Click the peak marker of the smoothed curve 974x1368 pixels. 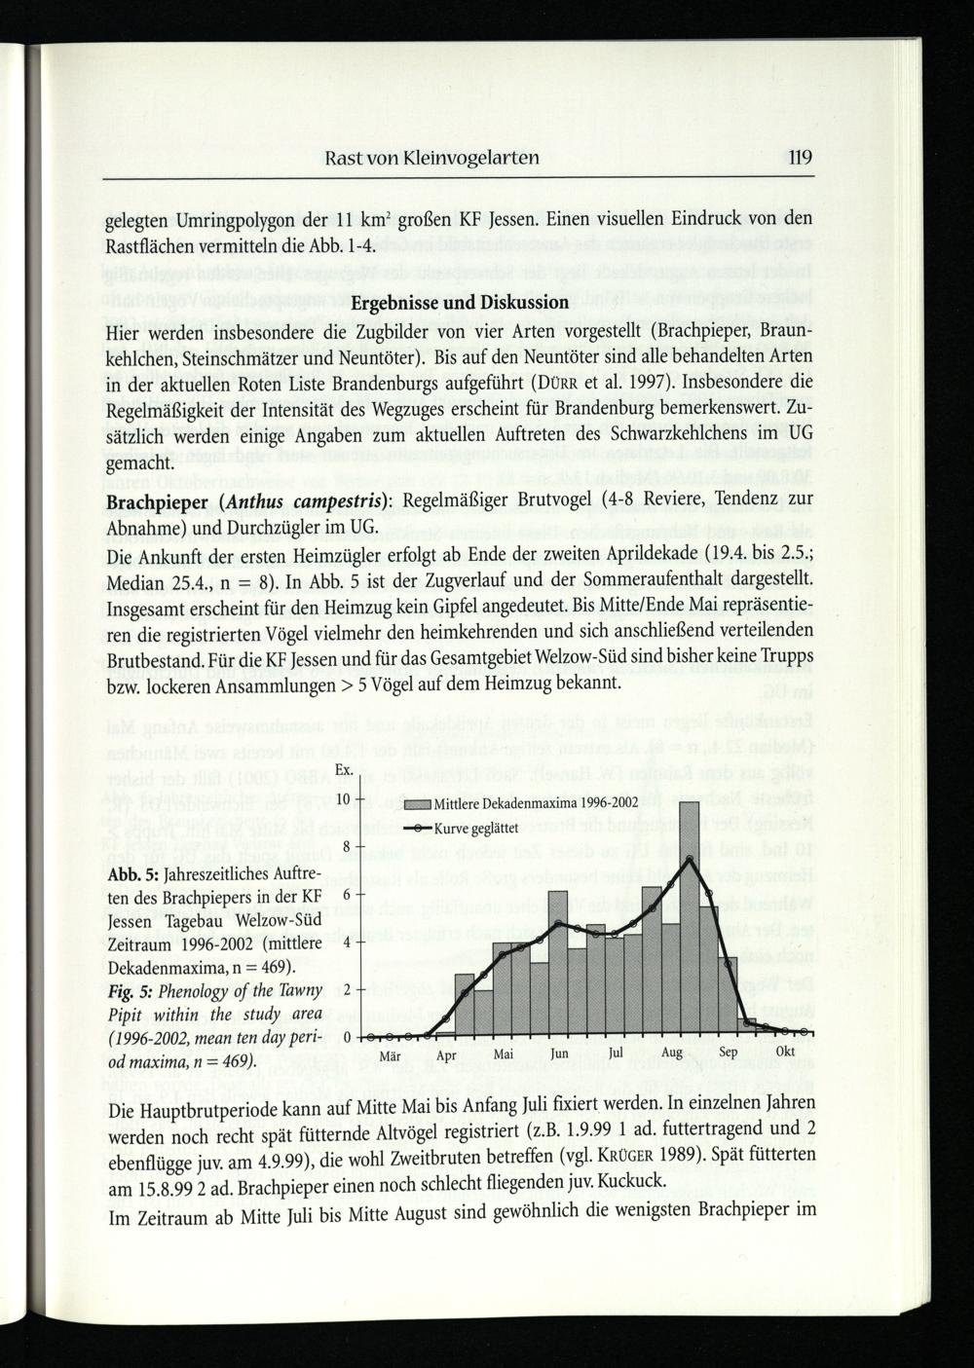(x=690, y=858)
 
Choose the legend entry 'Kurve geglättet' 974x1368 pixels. (x=475, y=829)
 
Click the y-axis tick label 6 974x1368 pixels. (x=346, y=895)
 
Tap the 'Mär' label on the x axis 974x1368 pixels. (x=391, y=1054)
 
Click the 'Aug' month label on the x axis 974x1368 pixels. (x=672, y=1054)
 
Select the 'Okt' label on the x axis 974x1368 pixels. (x=785, y=1053)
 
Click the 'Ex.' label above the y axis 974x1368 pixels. (x=344, y=772)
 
